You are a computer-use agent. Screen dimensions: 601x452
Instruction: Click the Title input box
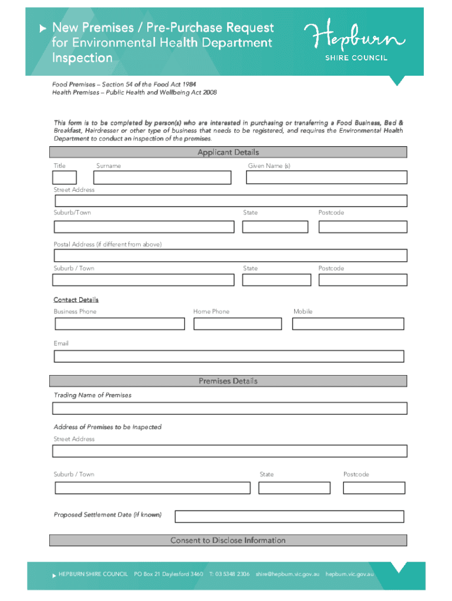coord(65,177)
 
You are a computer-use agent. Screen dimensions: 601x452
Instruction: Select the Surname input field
coord(164,177)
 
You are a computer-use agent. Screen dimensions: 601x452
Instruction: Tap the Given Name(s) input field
coord(326,177)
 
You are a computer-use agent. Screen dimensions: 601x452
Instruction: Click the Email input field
coord(229,356)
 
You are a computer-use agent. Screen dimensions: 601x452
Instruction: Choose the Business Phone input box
coord(119,323)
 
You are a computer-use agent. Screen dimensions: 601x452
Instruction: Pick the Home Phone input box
coord(238,323)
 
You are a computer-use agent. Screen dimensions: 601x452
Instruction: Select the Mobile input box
coord(349,323)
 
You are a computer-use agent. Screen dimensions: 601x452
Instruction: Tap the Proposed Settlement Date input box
coord(289,516)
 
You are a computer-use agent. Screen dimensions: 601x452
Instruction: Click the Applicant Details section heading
coord(228,153)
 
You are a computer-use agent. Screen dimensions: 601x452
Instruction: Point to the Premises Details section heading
coord(228,381)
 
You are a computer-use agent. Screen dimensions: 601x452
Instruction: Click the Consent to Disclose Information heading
coord(228,541)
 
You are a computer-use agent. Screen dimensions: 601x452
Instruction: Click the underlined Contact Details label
coord(76,300)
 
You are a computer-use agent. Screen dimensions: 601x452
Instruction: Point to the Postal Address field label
coord(107,244)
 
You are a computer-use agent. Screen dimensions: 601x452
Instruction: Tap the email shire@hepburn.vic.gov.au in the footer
coord(287,574)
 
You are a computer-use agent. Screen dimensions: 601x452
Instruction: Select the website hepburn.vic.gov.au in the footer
coord(349,574)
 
